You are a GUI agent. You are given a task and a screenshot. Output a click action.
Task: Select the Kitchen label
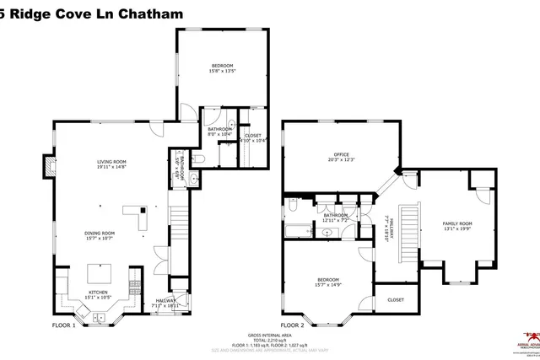click(x=100, y=293)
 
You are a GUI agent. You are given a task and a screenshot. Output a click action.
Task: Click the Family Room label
click(x=458, y=223)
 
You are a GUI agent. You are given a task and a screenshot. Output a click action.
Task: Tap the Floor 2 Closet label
click(x=396, y=299)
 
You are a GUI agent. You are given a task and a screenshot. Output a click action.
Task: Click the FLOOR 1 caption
click(x=64, y=325)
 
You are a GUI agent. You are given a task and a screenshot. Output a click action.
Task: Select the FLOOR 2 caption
click(x=292, y=325)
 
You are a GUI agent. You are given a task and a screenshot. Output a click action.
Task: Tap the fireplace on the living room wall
click(x=50, y=165)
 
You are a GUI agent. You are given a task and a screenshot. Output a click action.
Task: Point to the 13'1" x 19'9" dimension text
click(x=458, y=228)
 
